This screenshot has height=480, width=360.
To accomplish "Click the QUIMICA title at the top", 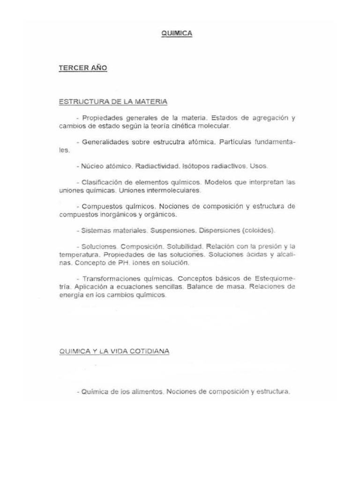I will click(x=177, y=33).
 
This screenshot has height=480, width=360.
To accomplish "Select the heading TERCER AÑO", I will click(x=83, y=68).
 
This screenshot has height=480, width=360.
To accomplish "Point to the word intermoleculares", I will click(x=173, y=190).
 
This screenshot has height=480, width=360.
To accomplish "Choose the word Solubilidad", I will click(x=184, y=246).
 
